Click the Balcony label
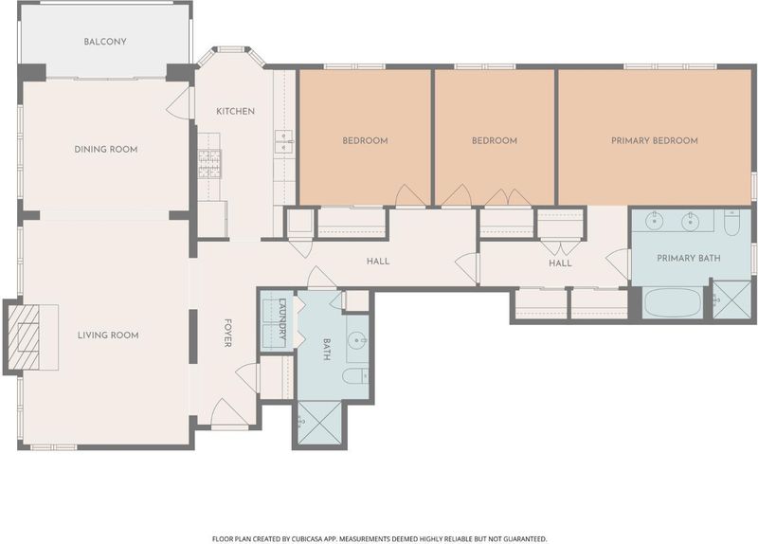105,42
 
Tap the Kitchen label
235,111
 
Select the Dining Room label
106,150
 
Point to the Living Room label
108,335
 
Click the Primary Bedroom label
655,140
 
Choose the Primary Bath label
689,258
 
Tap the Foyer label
227,333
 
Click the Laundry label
283,321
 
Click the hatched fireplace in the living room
24,336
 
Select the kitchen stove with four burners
209,164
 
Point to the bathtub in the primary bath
673,302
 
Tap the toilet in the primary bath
731,223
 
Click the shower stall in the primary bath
731,299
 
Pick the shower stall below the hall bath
319,423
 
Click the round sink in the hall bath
358,340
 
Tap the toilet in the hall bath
355,375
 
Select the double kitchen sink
282,141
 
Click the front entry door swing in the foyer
228,414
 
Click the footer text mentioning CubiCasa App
380,538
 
